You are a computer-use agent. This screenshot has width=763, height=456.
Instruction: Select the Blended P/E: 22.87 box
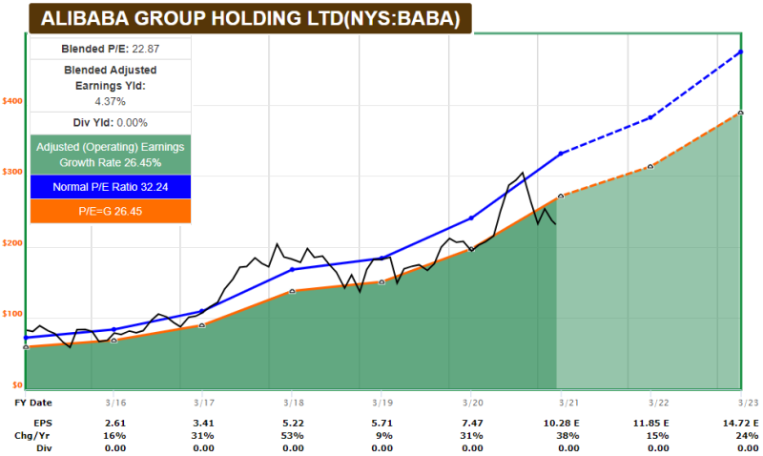pyautogui.click(x=111, y=49)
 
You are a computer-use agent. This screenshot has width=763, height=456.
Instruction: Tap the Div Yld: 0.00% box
pyautogui.click(x=111, y=122)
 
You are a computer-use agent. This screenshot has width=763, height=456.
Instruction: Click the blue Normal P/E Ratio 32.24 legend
pyautogui.click(x=111, y=187)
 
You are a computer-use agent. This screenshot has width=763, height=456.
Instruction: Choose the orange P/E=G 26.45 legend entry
pyautogui.click(x=111, y=211)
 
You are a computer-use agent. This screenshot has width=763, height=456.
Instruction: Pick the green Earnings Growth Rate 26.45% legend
pyautogui.click(x=111, y=155)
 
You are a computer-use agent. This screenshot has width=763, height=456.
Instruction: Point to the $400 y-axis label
pyautogui.click(x=11, y=100)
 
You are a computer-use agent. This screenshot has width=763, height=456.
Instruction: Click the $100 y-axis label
pyautogui.click(x=11, y=314)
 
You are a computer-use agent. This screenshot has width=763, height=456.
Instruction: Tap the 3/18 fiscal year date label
pyautogui.click(x=293, y=402)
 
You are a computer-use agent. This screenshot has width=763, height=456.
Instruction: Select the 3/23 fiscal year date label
pyautogui.click(x=742, y=402)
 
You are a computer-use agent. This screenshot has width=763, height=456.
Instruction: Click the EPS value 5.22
pyautogui.click(x=293, y=421)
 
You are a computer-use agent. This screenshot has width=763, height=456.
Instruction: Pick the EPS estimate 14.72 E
pyautogui.click(x=742, y=421)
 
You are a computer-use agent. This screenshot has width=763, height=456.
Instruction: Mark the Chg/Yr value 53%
pyautogui.click(x=293, y=434)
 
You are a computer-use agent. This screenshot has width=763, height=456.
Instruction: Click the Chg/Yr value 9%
pyautogui.click(x=381, y=434)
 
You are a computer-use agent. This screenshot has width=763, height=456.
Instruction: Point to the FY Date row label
pyautogui.click(x=33, y=402)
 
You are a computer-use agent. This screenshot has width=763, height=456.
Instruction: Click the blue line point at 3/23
pyautogui.click(x=741, y=52)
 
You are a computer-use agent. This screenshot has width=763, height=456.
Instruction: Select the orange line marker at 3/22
pyautogui.click(x=650, y=167)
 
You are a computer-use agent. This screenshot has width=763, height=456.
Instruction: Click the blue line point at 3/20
pyautogui.click(x=471, y=218)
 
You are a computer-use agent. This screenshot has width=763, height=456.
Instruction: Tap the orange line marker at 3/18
pyautogui.click(x=293, y=291)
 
